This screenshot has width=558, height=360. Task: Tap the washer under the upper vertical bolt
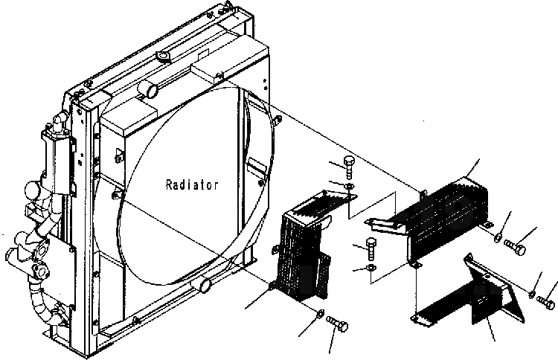[x=350, y=184]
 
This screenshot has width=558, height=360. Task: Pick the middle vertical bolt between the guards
[x=370, y=245]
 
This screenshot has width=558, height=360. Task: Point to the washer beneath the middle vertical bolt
[x=371, y=266]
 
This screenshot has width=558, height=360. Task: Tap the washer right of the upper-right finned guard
[x=496, y=238]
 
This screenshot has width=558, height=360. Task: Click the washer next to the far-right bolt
[x=532, y=295]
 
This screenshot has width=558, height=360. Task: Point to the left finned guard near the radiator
[x=301, y=249]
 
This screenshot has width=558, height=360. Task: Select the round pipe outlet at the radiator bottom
[x=203, y=283]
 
